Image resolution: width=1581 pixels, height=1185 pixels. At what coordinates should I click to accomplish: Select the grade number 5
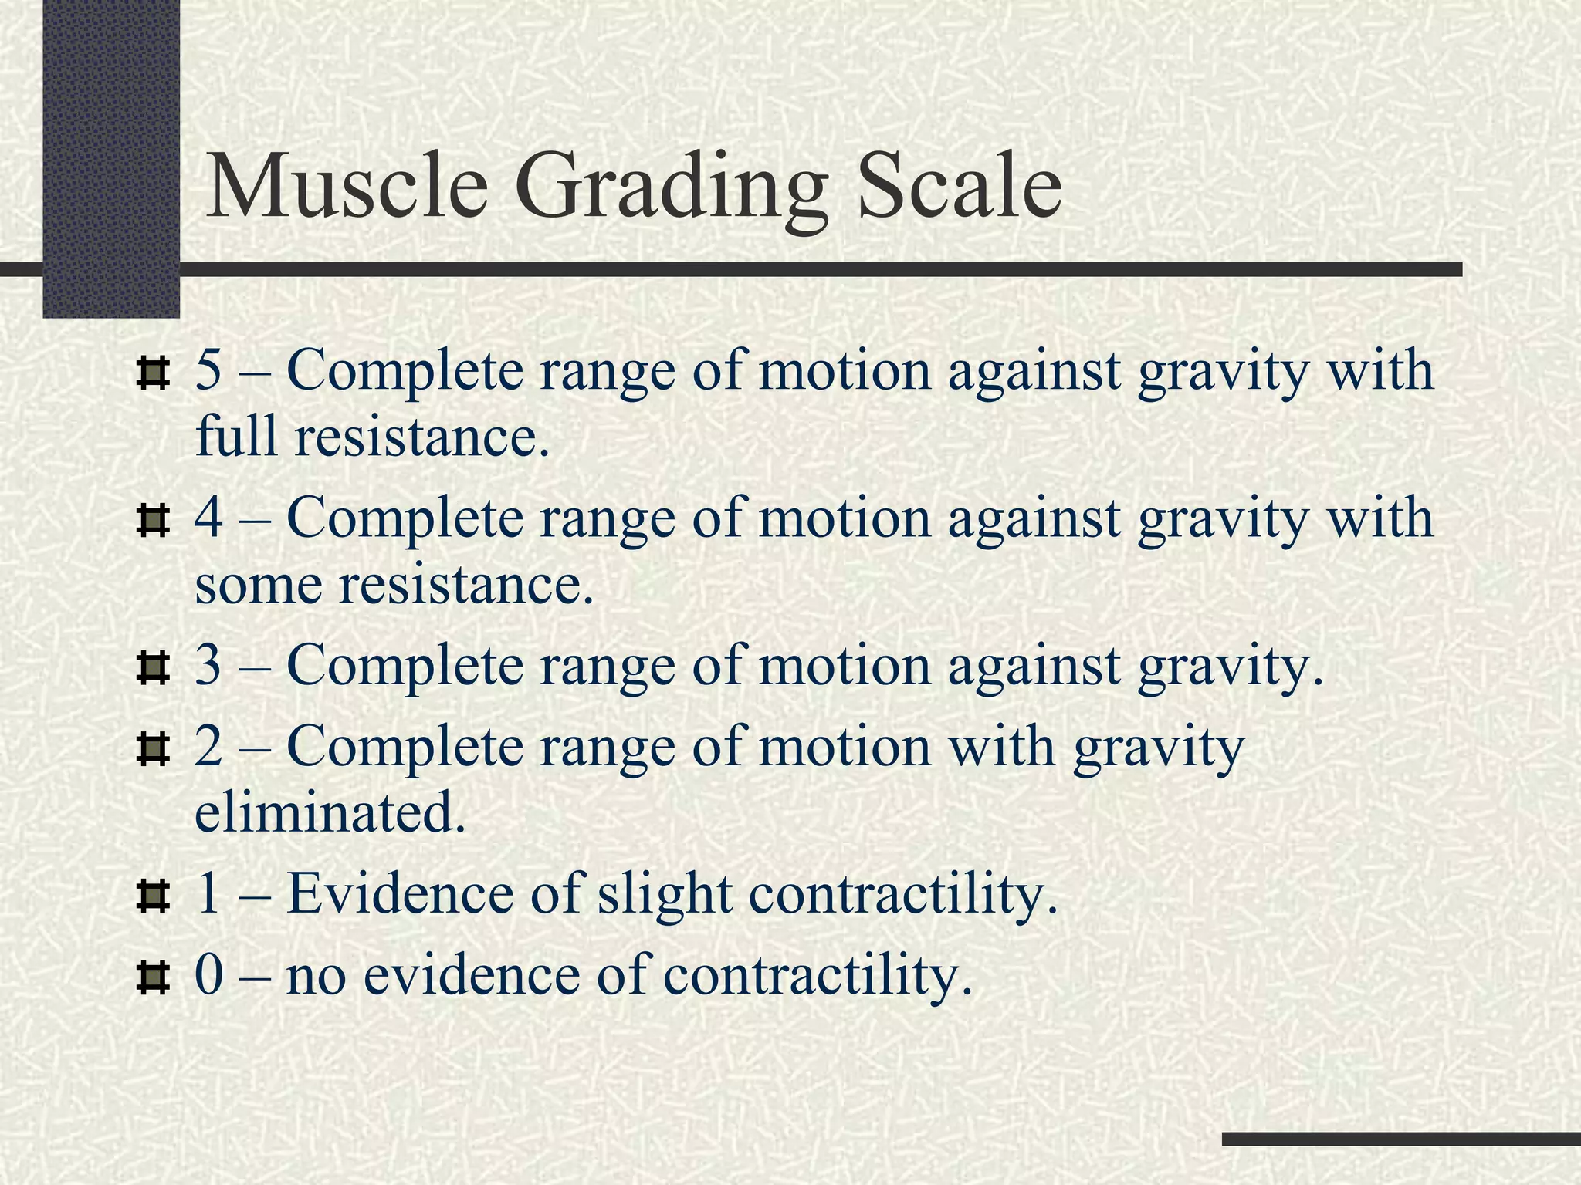[x=208, y=370]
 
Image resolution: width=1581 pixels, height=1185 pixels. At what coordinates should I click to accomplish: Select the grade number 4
[x=208, y=518]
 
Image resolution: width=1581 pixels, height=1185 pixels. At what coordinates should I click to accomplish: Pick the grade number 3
[x=208, y=665]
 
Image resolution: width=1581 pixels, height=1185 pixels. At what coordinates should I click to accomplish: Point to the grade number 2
[x=208, y=747]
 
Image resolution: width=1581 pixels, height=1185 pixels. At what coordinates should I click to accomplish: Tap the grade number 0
[x=208, y=975]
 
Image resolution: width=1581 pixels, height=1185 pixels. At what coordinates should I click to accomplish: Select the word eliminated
[x=330, y=813]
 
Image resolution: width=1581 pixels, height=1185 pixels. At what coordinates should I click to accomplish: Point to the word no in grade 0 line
[x=316, y=977]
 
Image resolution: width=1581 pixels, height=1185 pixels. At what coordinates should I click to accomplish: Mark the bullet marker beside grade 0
[x=152, y=979]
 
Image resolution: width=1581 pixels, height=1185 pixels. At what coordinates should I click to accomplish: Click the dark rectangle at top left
[x=111, y=154]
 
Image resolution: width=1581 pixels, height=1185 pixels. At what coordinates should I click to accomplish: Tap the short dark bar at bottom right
[x=1400, y=1139]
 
